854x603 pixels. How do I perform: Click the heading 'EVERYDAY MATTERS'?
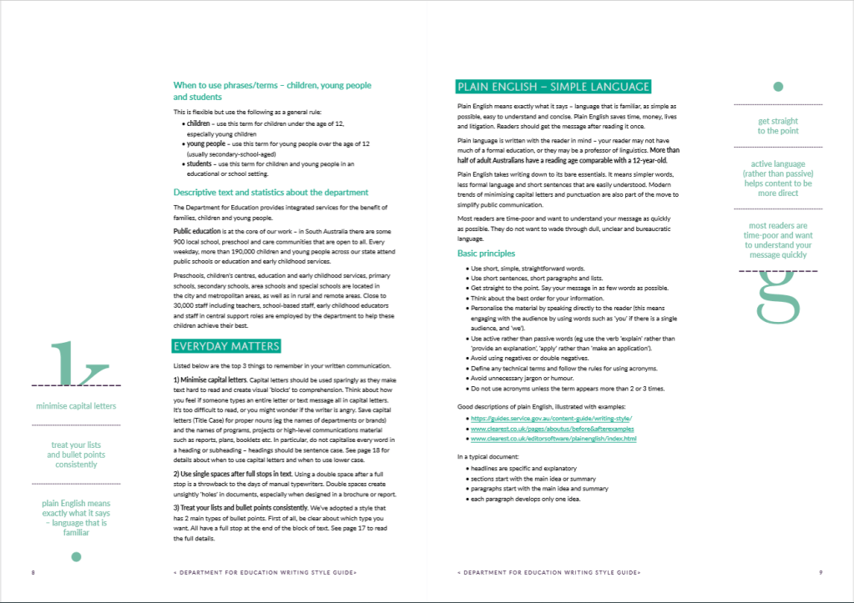pos(226,346)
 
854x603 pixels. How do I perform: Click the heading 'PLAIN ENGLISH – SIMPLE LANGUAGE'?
pos(553,87)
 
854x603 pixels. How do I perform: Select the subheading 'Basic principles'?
pos(486,253)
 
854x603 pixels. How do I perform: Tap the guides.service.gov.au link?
pos(551,418)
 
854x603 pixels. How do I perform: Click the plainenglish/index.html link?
pos(553,439)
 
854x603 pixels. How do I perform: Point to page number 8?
pos(33,573)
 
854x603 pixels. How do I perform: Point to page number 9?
pos(821,573)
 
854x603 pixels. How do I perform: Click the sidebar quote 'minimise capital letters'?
pos(76,406)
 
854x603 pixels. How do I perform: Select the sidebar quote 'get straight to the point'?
pos(778,126)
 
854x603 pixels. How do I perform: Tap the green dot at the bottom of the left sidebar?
pos(76,556)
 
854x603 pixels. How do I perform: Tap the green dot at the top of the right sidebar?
pos(778,87)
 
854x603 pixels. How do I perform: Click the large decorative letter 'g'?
pos(778,296)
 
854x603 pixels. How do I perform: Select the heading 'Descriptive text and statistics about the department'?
pos(270,192)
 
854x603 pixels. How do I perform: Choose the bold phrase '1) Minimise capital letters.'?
pos(210,380)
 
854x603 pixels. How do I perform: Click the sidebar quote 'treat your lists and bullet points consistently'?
pos(76,455)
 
